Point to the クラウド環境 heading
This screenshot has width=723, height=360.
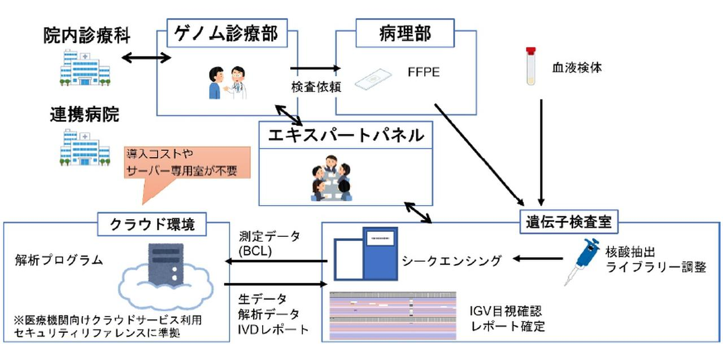pyautogui.click(x=152, y=224)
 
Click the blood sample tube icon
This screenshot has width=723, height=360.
pyautogui.click(x=530, y=66)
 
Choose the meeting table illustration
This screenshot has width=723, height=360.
pyautogui.click(x=330, y=176)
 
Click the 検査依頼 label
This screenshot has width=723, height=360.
pyautogui.click(x=314, y=87)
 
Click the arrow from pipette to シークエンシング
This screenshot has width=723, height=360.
pyautogui.click(x=537, y=259)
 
